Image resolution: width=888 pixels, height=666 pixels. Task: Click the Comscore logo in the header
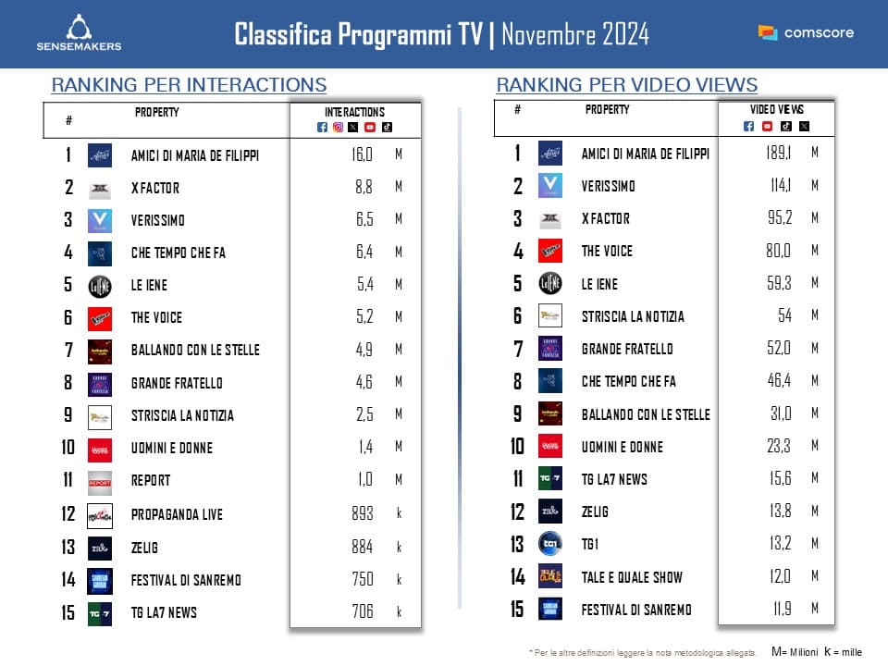(806, 32)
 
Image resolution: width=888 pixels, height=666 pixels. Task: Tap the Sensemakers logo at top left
(79, 32)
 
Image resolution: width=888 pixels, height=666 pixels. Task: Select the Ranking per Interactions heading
(189, 85)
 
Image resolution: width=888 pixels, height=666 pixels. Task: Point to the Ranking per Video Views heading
(627, 85)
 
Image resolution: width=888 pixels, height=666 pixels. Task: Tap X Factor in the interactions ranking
(155, 188)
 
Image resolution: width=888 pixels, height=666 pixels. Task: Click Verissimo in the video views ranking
(608, 186)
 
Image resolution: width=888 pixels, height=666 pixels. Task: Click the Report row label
(151, 481)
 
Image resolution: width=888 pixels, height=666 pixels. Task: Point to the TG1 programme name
(590, 545)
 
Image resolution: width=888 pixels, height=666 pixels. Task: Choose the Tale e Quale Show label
(632, 577)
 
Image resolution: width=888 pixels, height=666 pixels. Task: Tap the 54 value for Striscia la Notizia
(784, 315)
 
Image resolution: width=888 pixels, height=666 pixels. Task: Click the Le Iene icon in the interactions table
(99, 285)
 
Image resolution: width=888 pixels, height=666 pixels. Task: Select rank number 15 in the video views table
(518, 610)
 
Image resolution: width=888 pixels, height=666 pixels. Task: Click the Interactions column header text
(356, 113)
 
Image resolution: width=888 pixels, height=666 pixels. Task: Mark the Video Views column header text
(776, 110)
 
